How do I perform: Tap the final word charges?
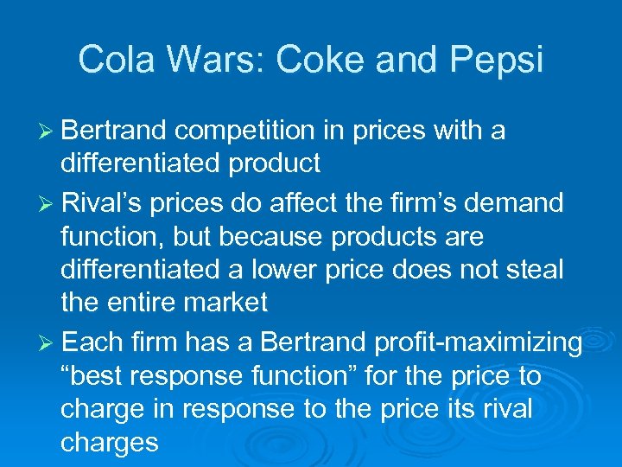(x=109, y=443)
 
